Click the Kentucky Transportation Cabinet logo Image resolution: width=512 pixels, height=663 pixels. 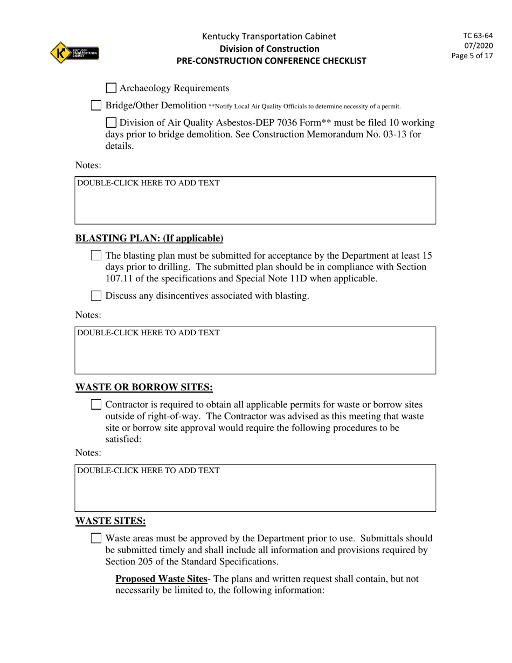(74, 53)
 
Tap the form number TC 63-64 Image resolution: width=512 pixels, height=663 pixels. (478, 36)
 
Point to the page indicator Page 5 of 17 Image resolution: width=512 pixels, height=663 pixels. (472, 56)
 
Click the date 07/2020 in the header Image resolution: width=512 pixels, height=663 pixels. (479, 46)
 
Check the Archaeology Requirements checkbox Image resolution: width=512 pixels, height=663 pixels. (111, 88)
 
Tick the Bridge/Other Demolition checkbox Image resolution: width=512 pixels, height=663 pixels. (96, 105)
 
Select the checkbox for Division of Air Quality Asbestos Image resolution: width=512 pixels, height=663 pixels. (111, 123)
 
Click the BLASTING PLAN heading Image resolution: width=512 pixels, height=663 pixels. (149, 238)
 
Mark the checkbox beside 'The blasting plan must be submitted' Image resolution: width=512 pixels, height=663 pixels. (96, 255)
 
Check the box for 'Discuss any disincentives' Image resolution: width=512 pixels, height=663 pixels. (96, 295)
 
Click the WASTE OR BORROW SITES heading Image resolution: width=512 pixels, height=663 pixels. (144, 388)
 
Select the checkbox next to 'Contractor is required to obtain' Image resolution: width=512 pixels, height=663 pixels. (96, 404)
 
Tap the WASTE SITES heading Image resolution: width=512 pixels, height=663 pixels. (110, 521)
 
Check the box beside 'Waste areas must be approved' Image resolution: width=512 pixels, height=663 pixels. (96, 538)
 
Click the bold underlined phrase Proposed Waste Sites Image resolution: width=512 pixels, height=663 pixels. (161, 579)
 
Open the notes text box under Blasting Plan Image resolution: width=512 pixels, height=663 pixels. (255, 350)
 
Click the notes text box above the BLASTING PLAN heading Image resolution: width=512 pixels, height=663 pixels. (255, 200)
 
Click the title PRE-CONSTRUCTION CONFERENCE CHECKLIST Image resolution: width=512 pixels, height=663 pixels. (271, 61)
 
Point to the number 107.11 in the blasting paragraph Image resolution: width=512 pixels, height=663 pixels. (120, 279)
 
